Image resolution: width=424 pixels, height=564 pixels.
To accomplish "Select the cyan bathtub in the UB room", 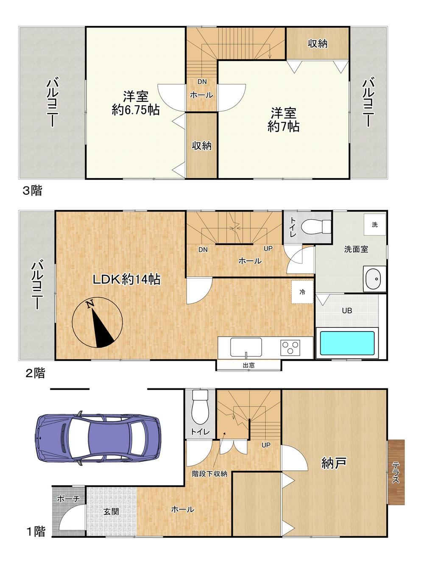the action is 347,343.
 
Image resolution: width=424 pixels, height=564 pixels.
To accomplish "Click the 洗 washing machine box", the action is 374,224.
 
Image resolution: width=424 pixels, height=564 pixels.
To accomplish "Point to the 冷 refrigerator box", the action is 302,292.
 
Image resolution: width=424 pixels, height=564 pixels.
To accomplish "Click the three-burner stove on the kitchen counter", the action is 290,348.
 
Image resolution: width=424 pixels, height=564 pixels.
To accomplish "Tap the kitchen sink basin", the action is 246,347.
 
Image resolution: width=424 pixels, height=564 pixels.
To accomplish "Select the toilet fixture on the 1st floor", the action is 200,407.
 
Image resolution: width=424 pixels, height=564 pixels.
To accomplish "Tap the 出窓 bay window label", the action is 248,365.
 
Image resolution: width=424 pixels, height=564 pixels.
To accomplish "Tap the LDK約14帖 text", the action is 126,279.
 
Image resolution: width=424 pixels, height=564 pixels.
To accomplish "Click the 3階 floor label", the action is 32,191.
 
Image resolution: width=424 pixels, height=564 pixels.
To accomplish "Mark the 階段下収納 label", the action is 209,474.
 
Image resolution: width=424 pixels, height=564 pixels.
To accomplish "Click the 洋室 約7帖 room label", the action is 283,120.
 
